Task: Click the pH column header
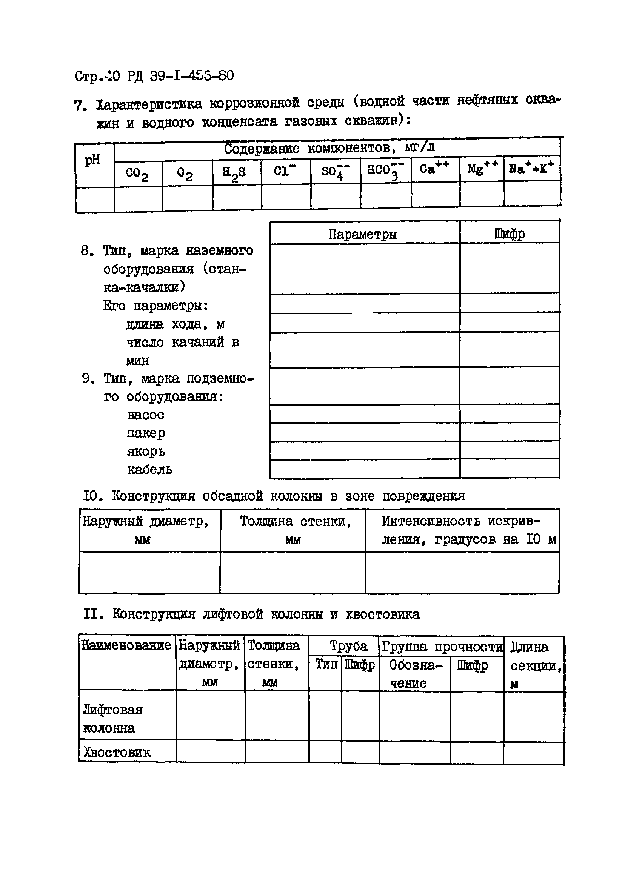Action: pos(93,160)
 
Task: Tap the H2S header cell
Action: pos(234,173)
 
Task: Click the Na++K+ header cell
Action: pos(531,168)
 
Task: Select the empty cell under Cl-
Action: pos(286,197)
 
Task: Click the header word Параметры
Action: pos(362,234)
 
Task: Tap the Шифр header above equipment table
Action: pos(510,234)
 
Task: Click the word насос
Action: pos(145,415)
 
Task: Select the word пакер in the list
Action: pos(146,433)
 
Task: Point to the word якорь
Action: pos(146,452)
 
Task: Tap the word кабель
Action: pos(149,470)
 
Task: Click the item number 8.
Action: pos(86,250)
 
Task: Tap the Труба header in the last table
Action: pos(348,646)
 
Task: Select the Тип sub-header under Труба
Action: pos(326,664)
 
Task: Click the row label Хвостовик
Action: pos(117,752)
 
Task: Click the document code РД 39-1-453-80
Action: pos(180,75)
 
